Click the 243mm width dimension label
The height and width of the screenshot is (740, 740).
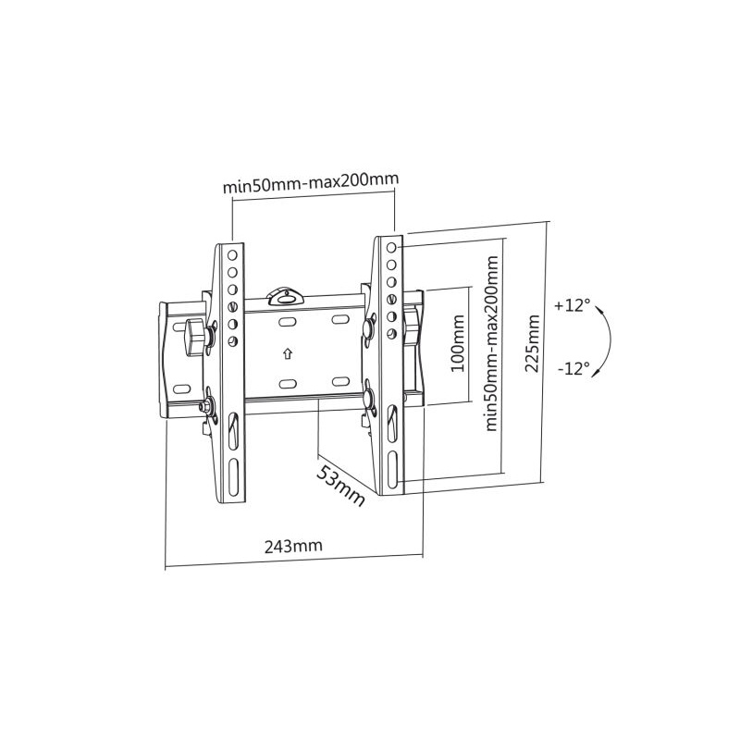click(293, 546)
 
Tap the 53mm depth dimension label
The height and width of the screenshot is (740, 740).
click(340, 485)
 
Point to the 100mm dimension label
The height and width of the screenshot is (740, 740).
click(458, 343)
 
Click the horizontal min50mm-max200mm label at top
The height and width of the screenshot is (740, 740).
click(311, 182)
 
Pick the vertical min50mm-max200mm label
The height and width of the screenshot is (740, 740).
click(491, 343)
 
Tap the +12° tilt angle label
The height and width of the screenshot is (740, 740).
click(573, 305)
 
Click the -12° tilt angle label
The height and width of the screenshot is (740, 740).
click(573, 367)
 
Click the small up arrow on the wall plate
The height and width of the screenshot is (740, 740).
click(287, 353)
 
